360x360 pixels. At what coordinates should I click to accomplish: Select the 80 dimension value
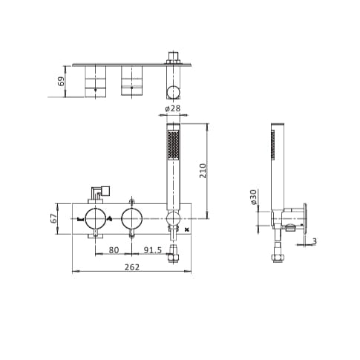pos(114,249)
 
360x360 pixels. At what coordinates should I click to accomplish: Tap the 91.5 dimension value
pos(152,249)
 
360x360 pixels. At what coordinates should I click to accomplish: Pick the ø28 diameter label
pos(172,109)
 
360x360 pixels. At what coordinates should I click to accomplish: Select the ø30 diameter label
pos(253,198)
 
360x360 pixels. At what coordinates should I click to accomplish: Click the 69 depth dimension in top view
pos(62,80)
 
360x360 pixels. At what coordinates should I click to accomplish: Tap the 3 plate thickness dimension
pos(315,241)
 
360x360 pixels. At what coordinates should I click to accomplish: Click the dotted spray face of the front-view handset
pos(174,146)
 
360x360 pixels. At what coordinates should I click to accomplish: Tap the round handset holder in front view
pos(172,218)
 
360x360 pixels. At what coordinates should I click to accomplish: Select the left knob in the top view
pos(94,81)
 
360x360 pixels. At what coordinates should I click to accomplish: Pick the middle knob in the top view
pos(132,81)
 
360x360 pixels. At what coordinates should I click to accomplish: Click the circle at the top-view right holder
pos(173,91)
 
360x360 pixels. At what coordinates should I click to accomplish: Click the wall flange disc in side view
pos(307,219)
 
